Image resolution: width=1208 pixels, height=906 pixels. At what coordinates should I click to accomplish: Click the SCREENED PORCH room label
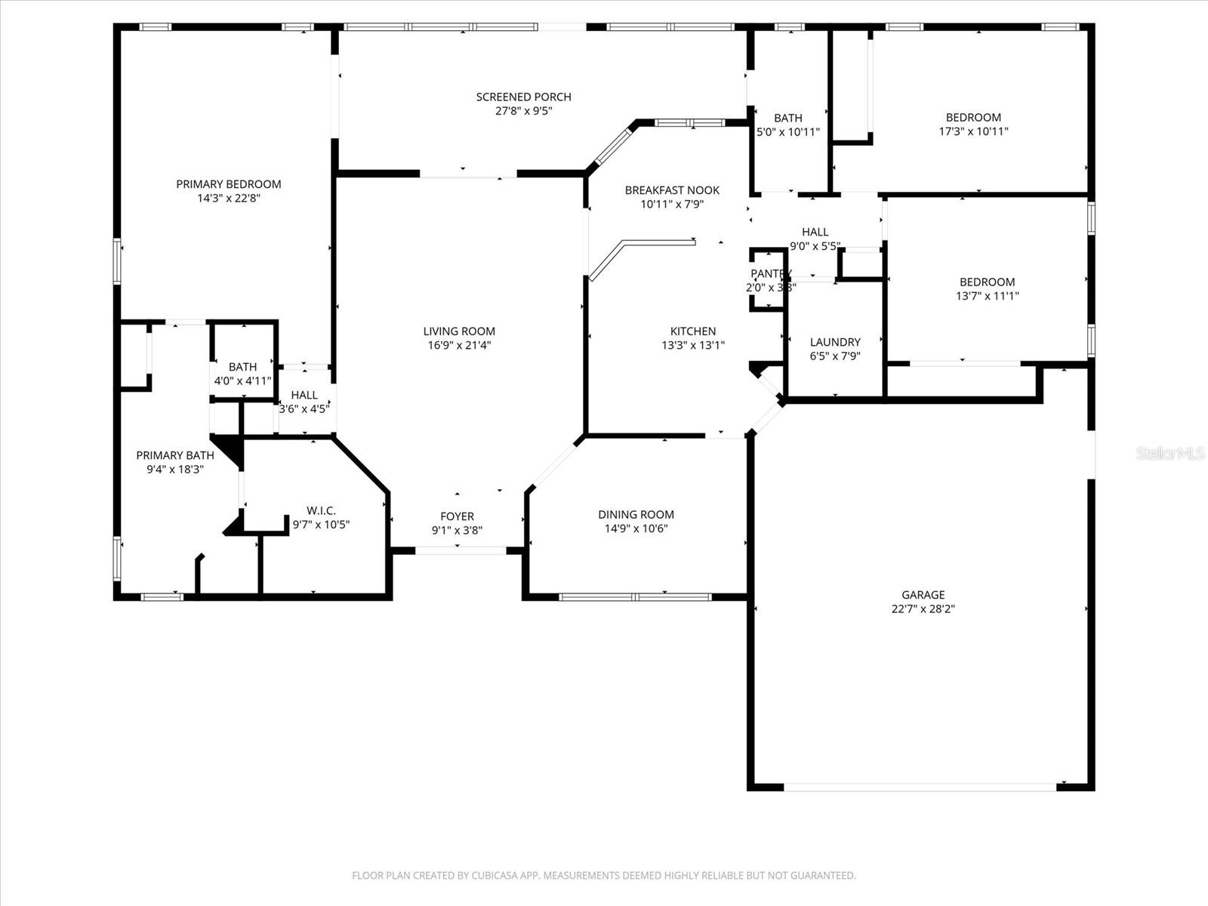(523, 97)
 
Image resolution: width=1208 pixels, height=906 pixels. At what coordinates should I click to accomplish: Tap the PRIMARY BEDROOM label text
(228, 184)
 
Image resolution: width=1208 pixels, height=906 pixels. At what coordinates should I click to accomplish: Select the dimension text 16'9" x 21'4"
(459, 345)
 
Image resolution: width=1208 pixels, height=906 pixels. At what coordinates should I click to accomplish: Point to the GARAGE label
(923, 595)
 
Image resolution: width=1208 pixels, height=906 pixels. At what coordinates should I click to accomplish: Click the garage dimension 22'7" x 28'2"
(923, 609)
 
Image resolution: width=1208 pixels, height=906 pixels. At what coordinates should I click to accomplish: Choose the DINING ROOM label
(636, 515)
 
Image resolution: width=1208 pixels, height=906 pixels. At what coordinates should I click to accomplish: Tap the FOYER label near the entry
(457, 516)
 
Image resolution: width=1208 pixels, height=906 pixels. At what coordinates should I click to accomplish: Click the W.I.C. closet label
(321, 511)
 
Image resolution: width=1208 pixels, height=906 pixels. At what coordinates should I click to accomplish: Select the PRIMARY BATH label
(175, 455)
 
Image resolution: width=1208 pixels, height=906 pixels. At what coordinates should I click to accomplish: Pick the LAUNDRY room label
(835, 342)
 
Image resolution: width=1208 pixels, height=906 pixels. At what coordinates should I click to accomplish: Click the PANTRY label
(770, 273)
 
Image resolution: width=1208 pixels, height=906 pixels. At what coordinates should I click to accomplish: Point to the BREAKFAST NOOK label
(672, 190)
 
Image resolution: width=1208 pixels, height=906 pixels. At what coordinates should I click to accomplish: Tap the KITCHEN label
(693, 331)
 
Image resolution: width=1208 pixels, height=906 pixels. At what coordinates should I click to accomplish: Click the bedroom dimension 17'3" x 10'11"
(973, 131)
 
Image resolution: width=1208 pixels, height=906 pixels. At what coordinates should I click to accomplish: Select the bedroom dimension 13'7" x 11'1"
(987, 296)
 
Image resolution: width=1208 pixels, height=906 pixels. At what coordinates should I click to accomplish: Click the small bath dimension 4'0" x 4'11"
(242, 381)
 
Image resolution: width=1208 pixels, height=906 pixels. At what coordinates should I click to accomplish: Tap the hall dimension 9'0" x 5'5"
(815, 245)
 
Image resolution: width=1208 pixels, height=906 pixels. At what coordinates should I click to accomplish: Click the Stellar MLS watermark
(1170, 453)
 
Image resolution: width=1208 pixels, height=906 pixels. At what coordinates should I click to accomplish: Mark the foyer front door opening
(461, 550)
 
